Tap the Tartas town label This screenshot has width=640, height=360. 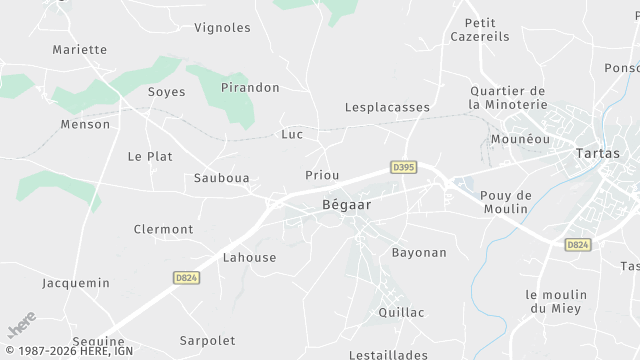pyautogui.click(x=598, y=154)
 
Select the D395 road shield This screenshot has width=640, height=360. pyautogui.click(x=403, y=167)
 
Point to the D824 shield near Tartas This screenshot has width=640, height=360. pyautogui.click(x=577, y=244)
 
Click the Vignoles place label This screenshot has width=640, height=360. pyautogui.click(x=222, y=27)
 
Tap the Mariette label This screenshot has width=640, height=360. pyautogui.click(x=79, y=49)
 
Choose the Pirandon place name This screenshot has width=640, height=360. pyautogui.click(x=250, y=87)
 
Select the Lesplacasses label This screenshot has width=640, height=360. pyautogui.click(x=387, y=107)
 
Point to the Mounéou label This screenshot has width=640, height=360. pyautogui.click(x=521, y=139)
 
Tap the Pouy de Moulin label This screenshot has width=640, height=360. pyautogui.click(x=504, y=201)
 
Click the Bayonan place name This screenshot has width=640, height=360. pyautogui.click(x=419, y=252)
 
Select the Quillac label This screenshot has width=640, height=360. pyautogui.click(x=401, y=312)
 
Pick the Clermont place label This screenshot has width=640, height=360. pyautogui.click(x=163, y=229)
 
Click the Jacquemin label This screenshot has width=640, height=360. pyautogui.click(x=76, y=283)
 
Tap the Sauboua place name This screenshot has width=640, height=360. pyautogui.click(x=221, y=178)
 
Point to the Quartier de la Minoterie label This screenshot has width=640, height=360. pyautogui.click(x=509, y=97)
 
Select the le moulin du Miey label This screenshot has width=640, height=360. pyautogui.click(x=558, y=301)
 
